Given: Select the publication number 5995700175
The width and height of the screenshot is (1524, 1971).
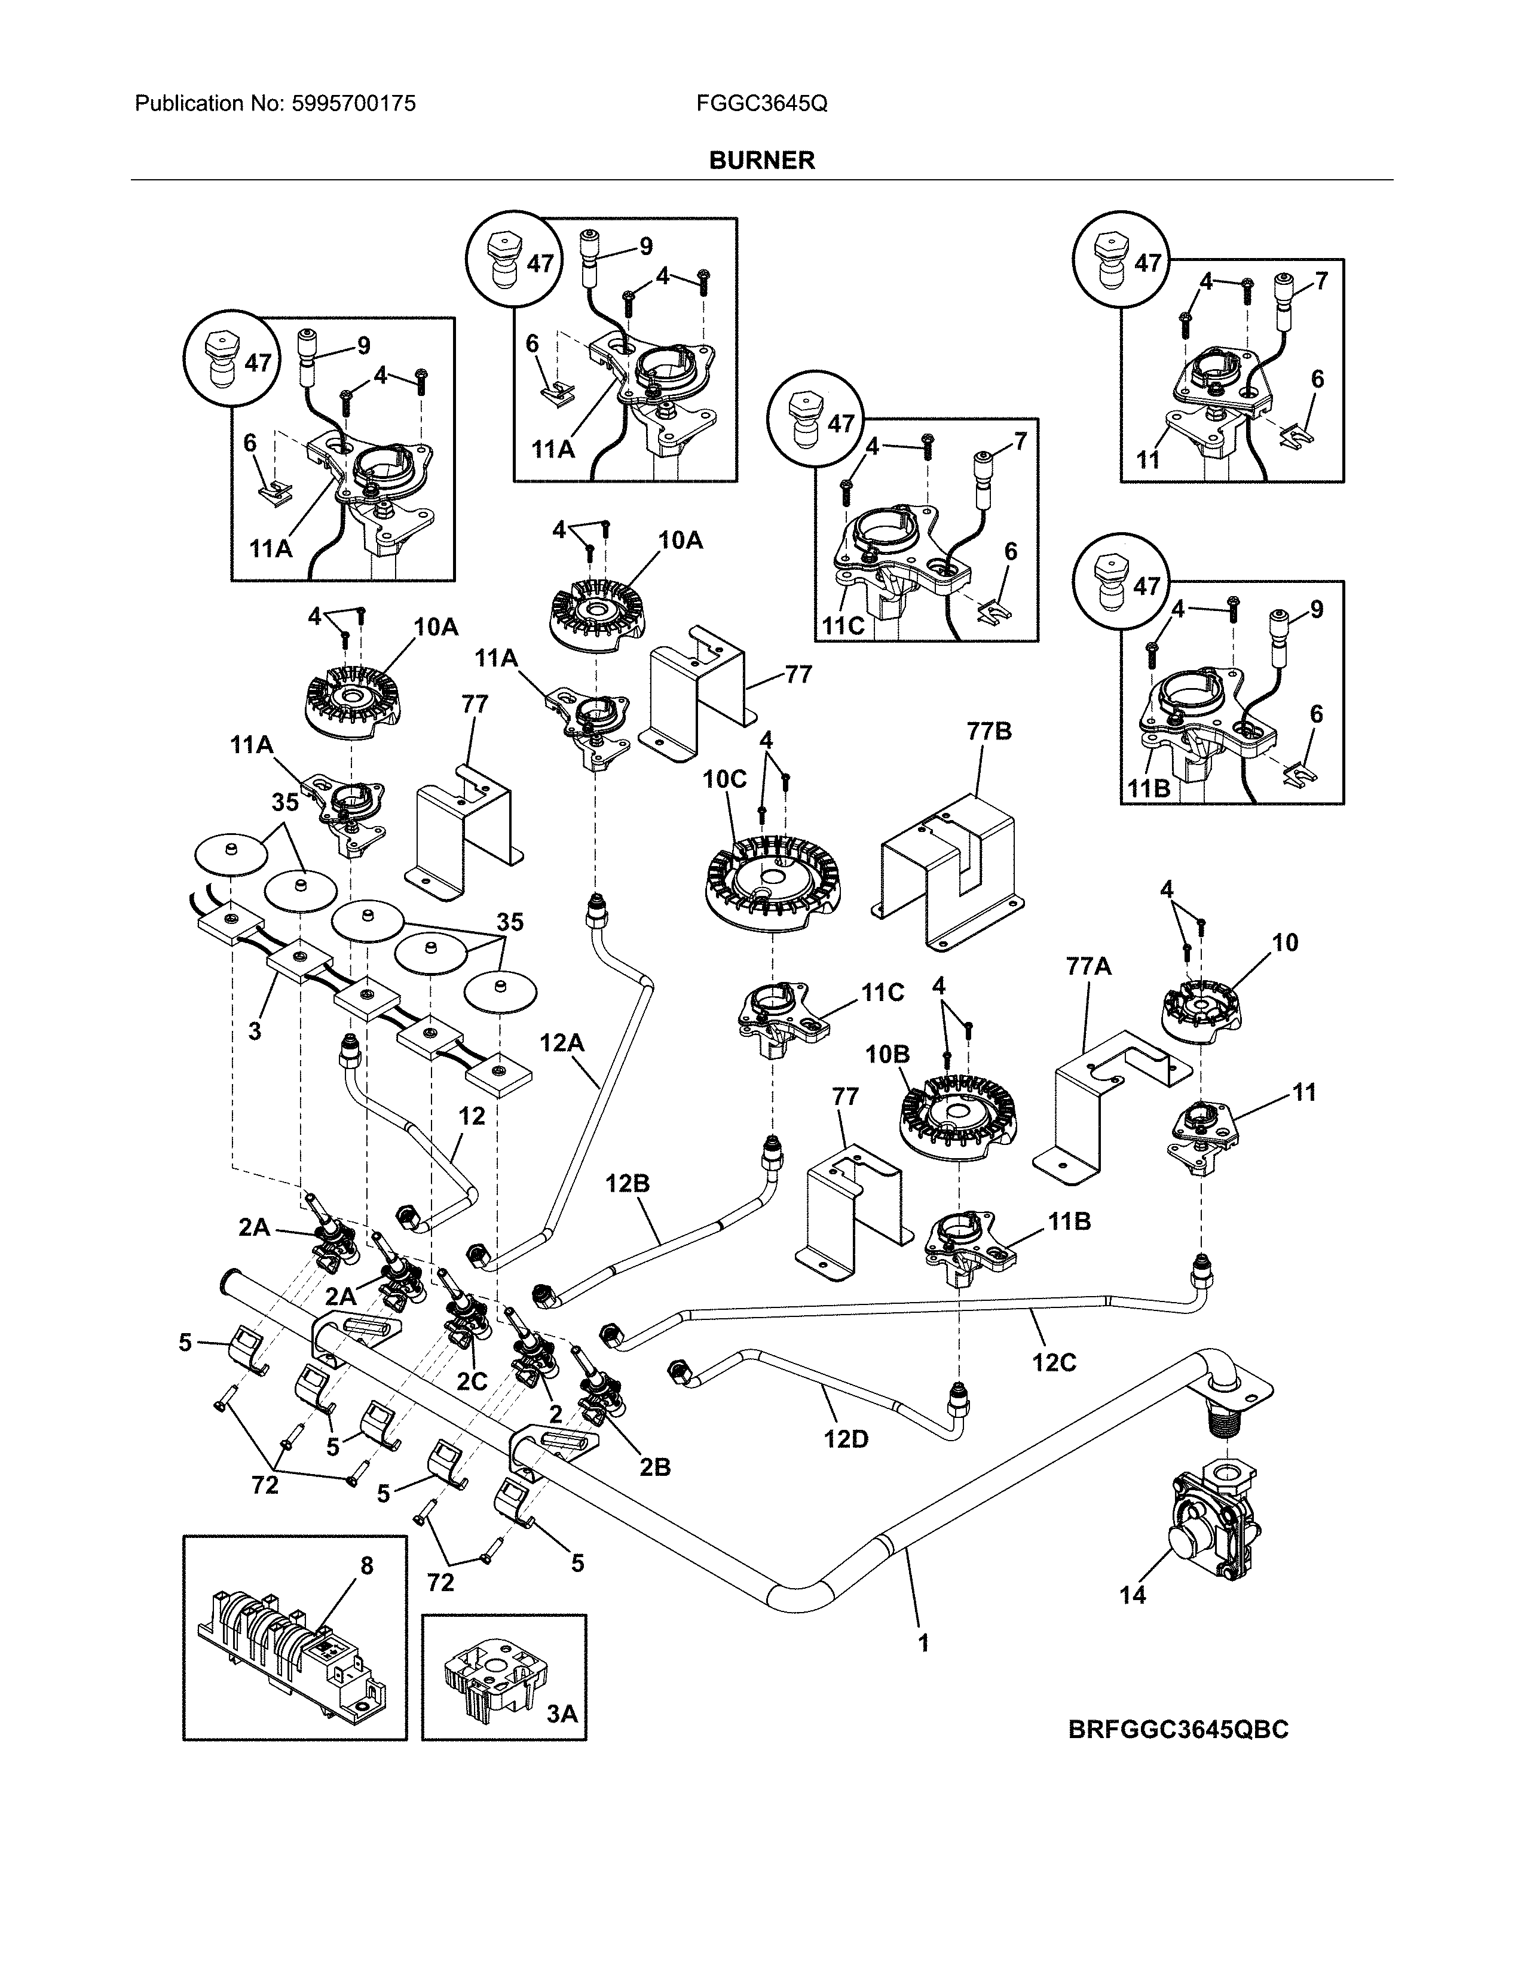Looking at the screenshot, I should [x=353, y=104].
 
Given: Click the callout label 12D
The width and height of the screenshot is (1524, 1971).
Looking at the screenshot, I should [x=845, y=1439].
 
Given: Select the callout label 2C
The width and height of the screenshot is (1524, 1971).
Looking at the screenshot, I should [x=472, y=1381].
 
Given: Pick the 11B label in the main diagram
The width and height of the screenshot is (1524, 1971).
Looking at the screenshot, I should [x=1069, y=1222].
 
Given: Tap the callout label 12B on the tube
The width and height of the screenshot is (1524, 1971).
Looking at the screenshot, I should [x=628, y=1183].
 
